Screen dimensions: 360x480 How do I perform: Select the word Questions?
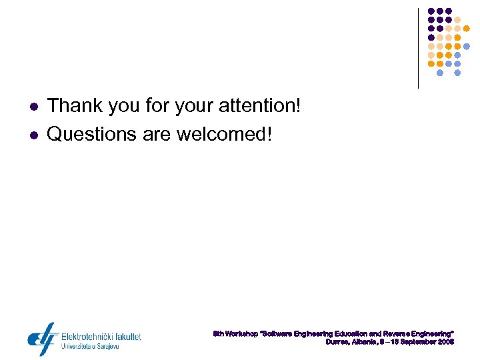point(92,134)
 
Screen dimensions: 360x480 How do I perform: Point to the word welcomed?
point(225,134)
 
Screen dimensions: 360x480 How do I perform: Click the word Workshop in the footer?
point(241,332)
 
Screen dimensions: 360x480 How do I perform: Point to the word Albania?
point(365,341)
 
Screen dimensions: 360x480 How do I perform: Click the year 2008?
point(447,341)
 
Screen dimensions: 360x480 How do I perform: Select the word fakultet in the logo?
point(126,337)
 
